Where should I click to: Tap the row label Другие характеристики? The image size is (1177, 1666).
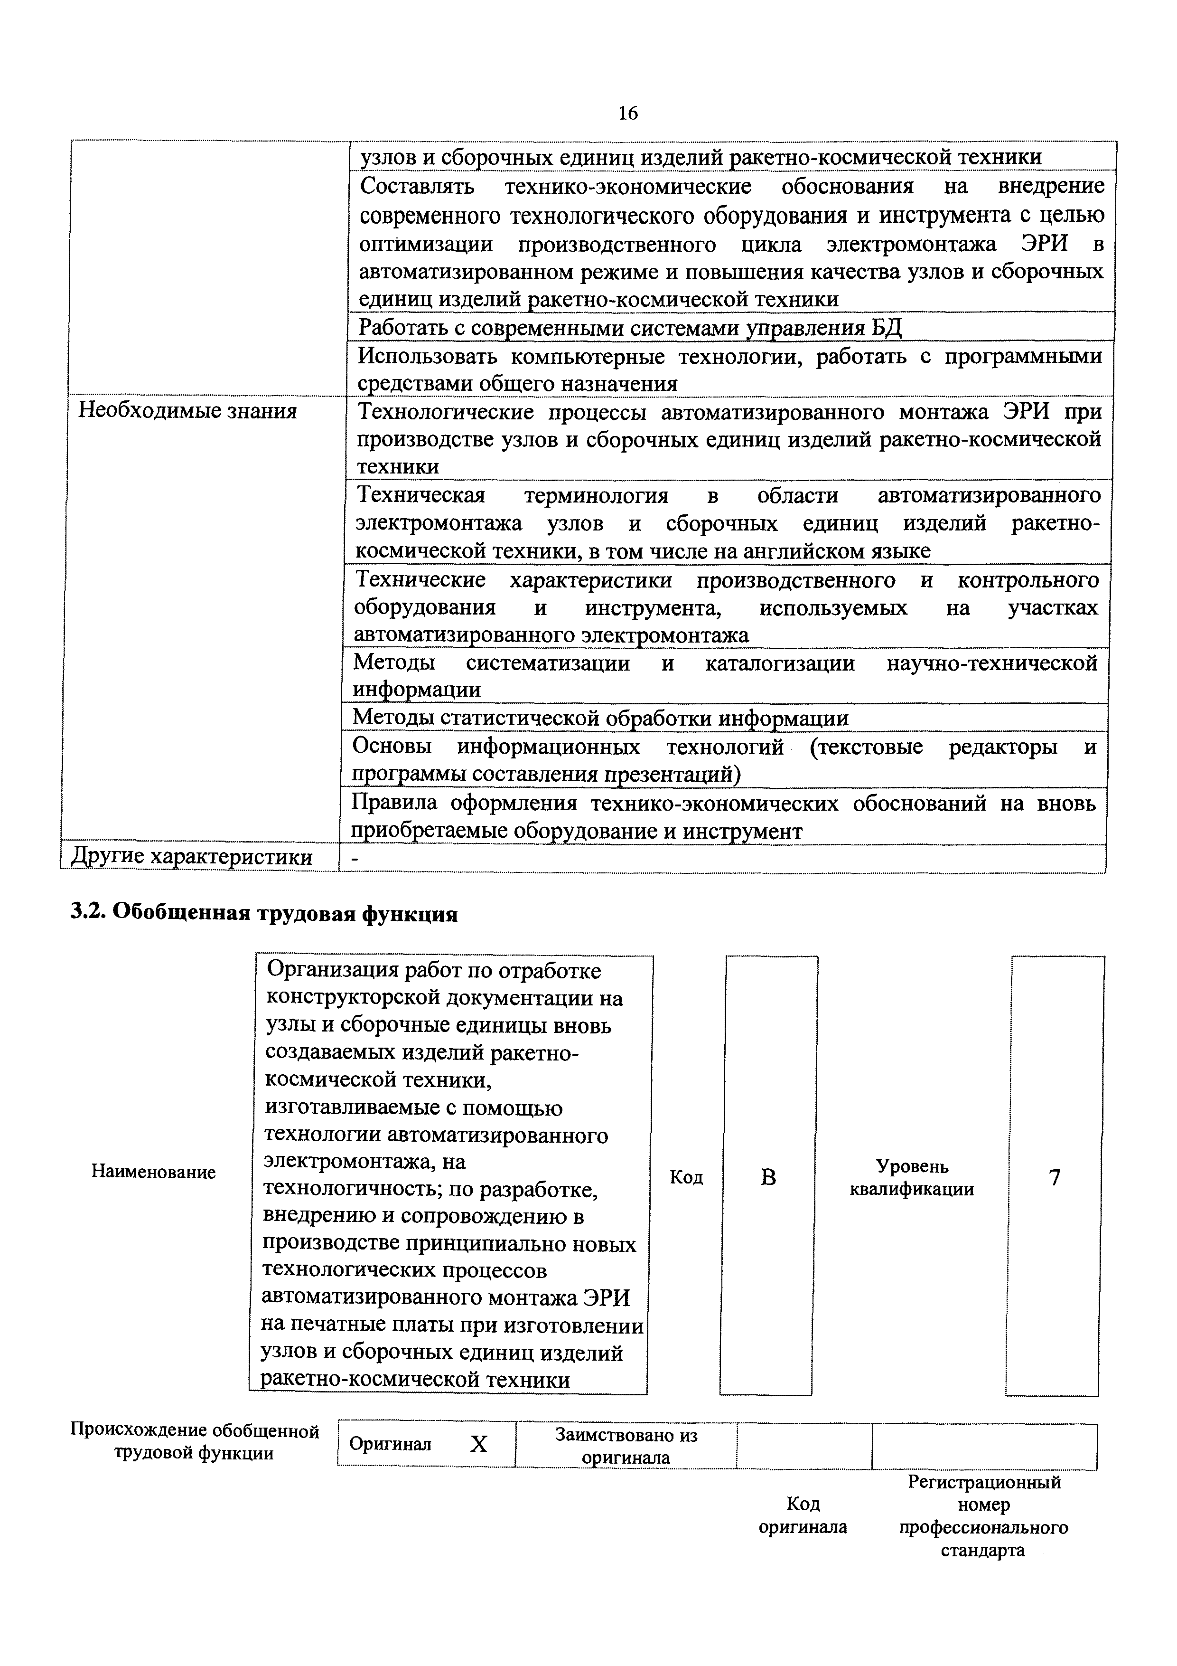click(192, 857)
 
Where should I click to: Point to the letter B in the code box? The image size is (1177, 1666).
click(768, 1177)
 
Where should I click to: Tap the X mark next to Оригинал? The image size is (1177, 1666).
click(479, 1443)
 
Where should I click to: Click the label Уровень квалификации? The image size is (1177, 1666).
click(912, 1178)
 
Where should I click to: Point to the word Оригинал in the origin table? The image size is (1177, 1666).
click(390, 1444)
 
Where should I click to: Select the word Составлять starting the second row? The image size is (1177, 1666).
click(417, 187)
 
